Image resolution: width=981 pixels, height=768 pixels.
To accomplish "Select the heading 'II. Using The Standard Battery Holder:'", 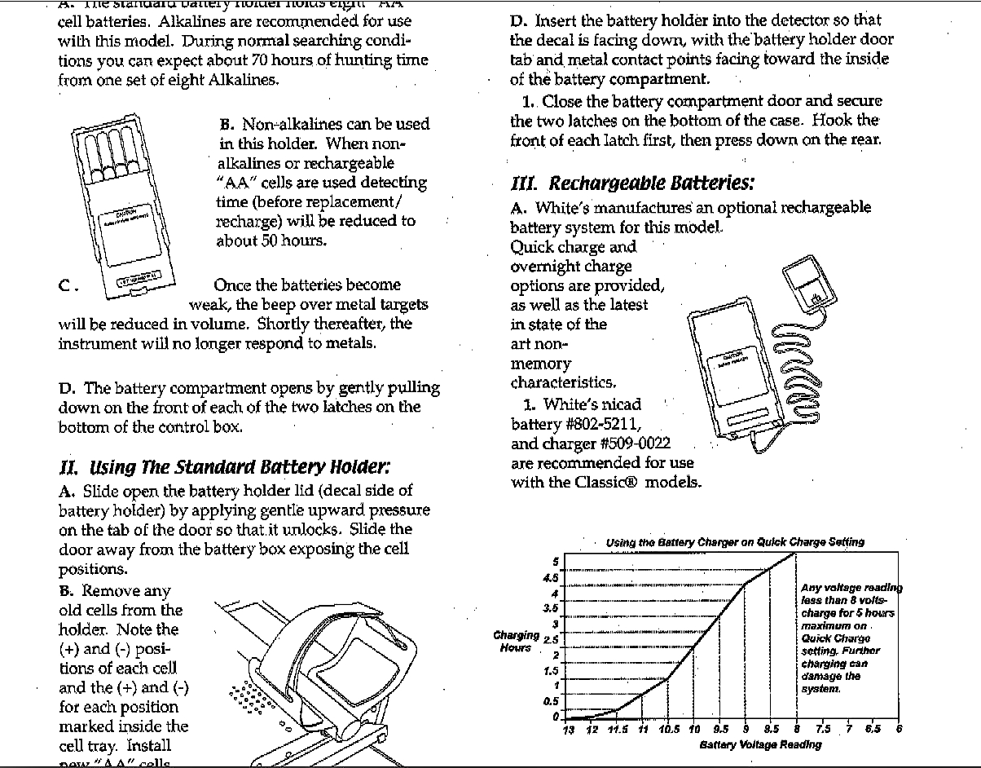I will [x=225, y=467].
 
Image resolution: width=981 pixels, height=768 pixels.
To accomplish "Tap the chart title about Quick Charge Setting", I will [x=735, y=542].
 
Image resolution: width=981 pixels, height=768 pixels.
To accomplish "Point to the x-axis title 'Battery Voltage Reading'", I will [x=760, y=744].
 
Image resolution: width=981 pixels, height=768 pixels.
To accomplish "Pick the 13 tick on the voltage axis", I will [x=569, y=729].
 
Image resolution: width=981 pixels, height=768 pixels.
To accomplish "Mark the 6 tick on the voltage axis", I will [x=899, y=729].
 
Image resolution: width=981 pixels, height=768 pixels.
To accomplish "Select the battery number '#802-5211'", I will [x=600, y=424].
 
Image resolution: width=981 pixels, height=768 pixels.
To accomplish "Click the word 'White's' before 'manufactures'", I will [x=561, y=208].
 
